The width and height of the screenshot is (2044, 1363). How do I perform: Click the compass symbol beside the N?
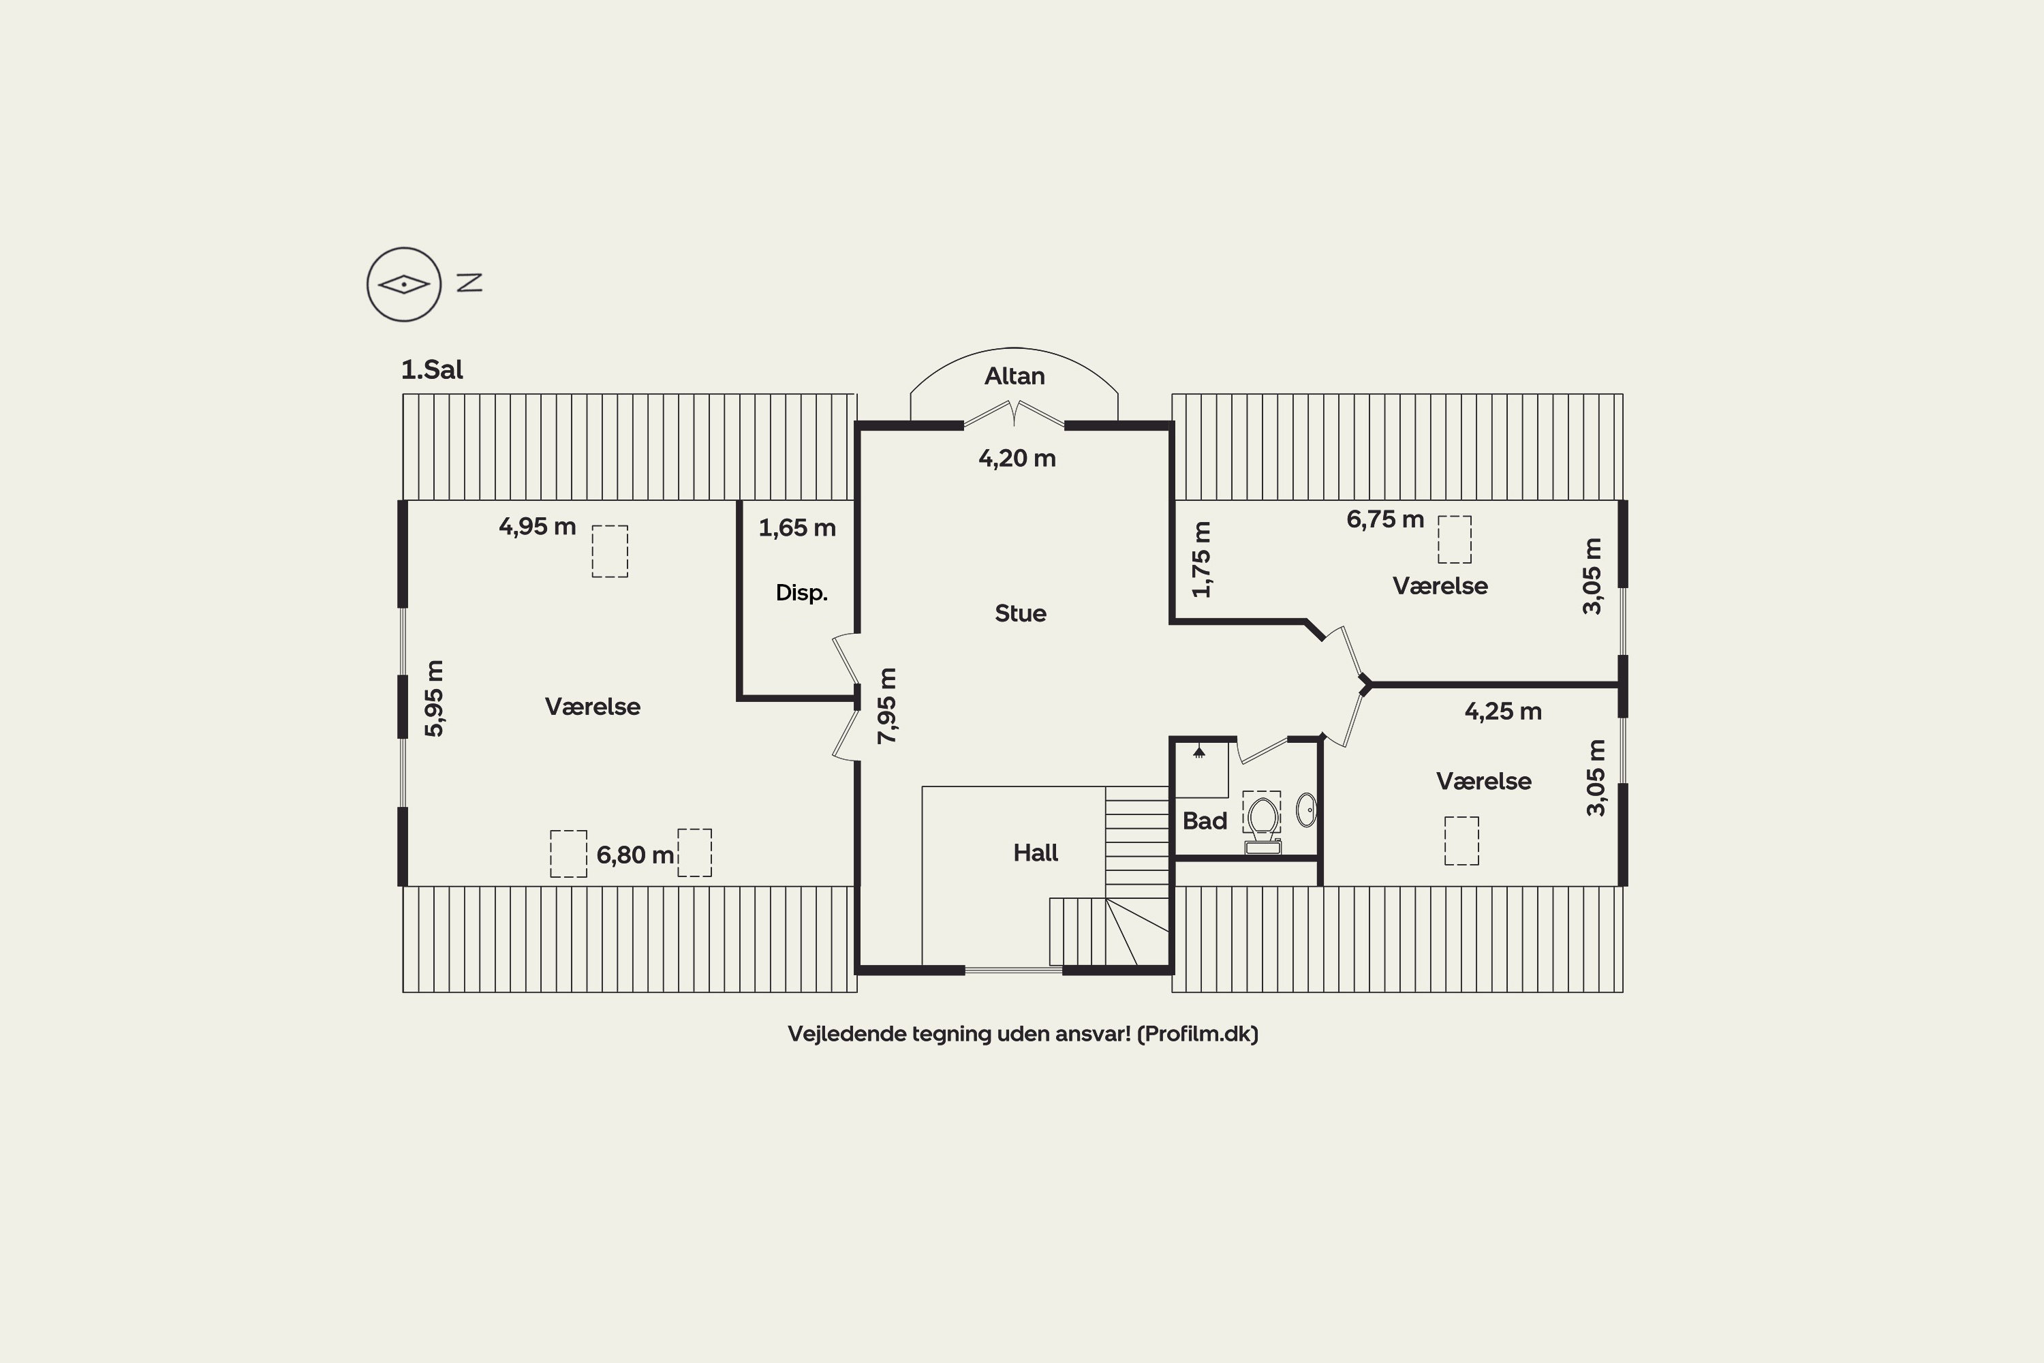(x=404, y=284)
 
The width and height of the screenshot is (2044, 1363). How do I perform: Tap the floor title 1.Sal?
(x=432, y=369)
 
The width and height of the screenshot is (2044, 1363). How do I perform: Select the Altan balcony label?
(x=1015, y=376)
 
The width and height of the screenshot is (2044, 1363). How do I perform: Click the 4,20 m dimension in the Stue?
(x=1017, y=458)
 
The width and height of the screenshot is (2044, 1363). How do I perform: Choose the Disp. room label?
(x=801, y=593)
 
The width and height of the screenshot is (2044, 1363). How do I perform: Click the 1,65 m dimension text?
(x=797, y=527)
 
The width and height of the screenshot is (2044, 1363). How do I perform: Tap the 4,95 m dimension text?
(x=537, y=526)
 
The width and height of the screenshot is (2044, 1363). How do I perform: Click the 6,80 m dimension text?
(x=635, y=855)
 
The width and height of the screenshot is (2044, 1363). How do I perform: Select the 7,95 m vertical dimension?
(x=886, y=706)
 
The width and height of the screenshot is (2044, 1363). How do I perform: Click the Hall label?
(x=1035, y=853)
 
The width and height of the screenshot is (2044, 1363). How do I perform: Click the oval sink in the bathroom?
(x=1306, y=810)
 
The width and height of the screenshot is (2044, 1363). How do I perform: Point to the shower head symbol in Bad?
(x=1199, y=751)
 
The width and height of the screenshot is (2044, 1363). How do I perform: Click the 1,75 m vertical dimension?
(x=1201, y=559)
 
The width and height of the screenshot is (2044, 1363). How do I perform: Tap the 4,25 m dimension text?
(x=1504, y=711)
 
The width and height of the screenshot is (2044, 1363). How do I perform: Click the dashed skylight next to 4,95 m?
(x=610, y=551)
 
